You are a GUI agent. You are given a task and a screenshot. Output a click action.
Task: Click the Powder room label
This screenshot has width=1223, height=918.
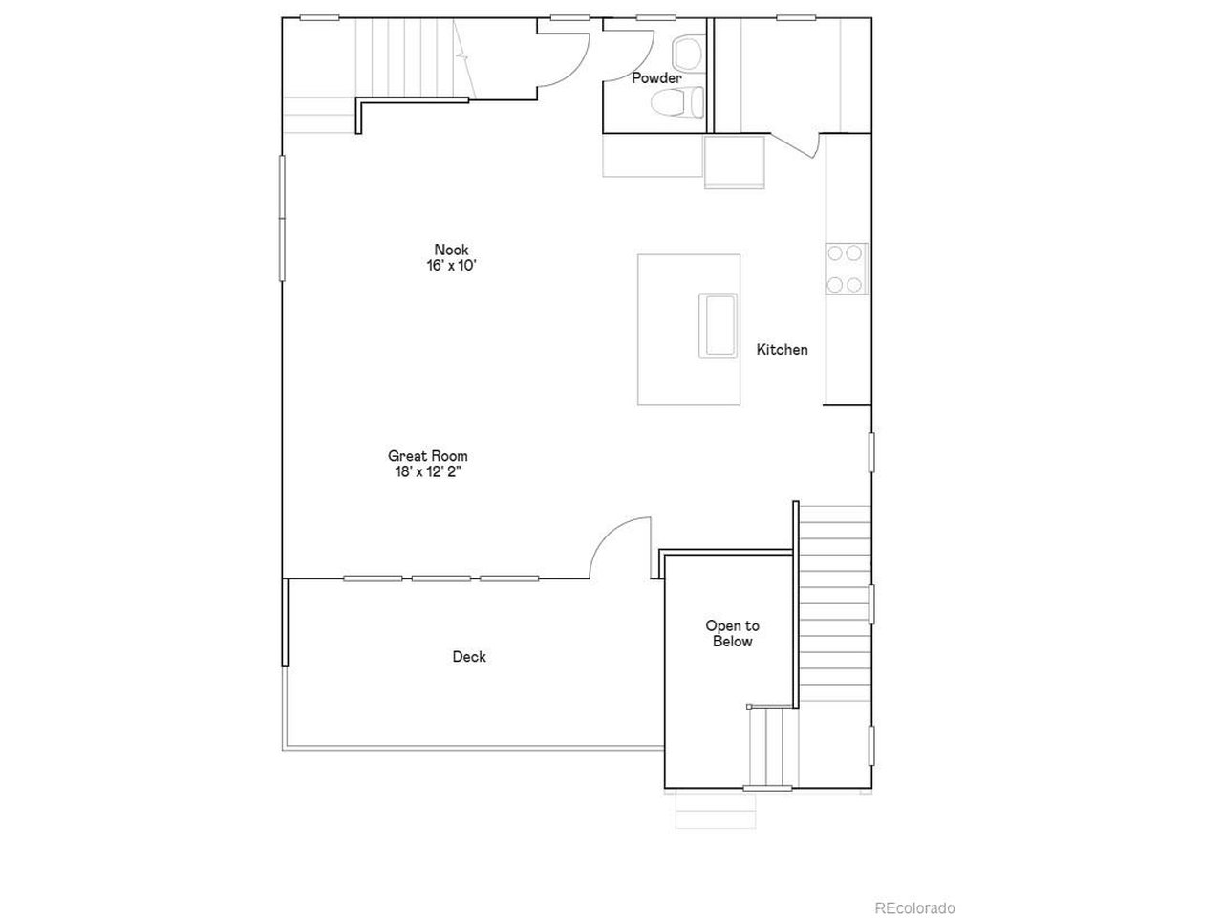656,78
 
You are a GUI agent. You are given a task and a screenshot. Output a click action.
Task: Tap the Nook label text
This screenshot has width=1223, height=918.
451,250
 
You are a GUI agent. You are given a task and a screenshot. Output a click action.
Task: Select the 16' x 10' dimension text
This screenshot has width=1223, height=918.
451,265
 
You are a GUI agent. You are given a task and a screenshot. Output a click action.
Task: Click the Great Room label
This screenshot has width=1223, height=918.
428,456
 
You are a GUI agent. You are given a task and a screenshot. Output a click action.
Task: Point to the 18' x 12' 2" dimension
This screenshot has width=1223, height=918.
428,472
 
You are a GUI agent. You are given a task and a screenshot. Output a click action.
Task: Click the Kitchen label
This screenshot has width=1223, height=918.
782,349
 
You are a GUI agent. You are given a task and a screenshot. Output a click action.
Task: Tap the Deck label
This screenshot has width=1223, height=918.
469,657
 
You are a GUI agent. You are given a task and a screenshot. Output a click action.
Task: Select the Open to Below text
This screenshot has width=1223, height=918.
732,633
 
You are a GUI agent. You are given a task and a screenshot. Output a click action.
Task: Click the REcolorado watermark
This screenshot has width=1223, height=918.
914,908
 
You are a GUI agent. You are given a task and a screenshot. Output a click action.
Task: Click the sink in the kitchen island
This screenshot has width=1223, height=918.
719,325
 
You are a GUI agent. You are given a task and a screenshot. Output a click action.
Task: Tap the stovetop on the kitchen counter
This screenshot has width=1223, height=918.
847,269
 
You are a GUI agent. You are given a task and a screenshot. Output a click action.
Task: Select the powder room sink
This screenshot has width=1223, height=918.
689,54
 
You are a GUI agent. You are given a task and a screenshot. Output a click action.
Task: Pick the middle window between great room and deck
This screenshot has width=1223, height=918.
440,579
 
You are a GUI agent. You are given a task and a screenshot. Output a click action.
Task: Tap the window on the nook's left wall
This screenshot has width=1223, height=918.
282,218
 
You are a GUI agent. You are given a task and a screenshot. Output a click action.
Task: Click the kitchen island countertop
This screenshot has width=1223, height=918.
689,330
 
